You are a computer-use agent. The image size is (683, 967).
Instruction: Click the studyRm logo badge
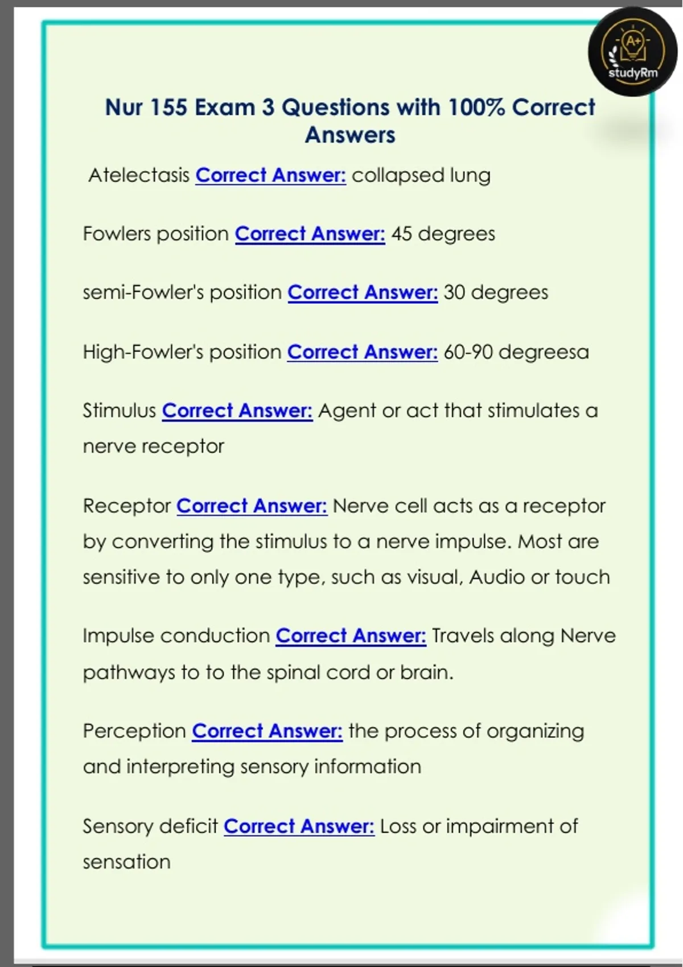(x=632, y=53)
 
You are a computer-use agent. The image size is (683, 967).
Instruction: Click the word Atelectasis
(x=139, y=175)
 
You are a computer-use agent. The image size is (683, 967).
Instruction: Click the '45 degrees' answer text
(x=443, y=234)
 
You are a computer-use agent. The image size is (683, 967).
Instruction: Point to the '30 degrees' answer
(x=495, y=292)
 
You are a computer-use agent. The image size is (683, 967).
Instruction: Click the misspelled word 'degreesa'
(x=544, y=352)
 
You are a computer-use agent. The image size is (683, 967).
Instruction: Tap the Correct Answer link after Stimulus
(x=237, y=411)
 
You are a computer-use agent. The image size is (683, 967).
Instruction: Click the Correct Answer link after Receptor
(x=252, y=506)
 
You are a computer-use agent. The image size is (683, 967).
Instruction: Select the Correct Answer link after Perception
(x=267, y=731)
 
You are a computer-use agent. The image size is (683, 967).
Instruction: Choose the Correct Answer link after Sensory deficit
(x=299, y=826)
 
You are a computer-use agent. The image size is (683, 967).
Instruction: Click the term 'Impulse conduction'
(x=176, y=635)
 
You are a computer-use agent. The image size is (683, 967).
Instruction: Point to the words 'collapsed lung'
(x=421, y=175)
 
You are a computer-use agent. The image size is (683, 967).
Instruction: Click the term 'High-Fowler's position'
(x=182, y=352)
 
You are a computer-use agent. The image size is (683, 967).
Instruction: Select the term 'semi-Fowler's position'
(x=182, y=292)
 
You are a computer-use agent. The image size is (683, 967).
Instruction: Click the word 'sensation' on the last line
(x=126, y=862)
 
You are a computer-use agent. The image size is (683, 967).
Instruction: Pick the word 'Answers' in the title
(x=349, y=135)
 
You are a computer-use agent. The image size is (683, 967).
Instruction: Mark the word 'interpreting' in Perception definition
(x=180, y=767)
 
